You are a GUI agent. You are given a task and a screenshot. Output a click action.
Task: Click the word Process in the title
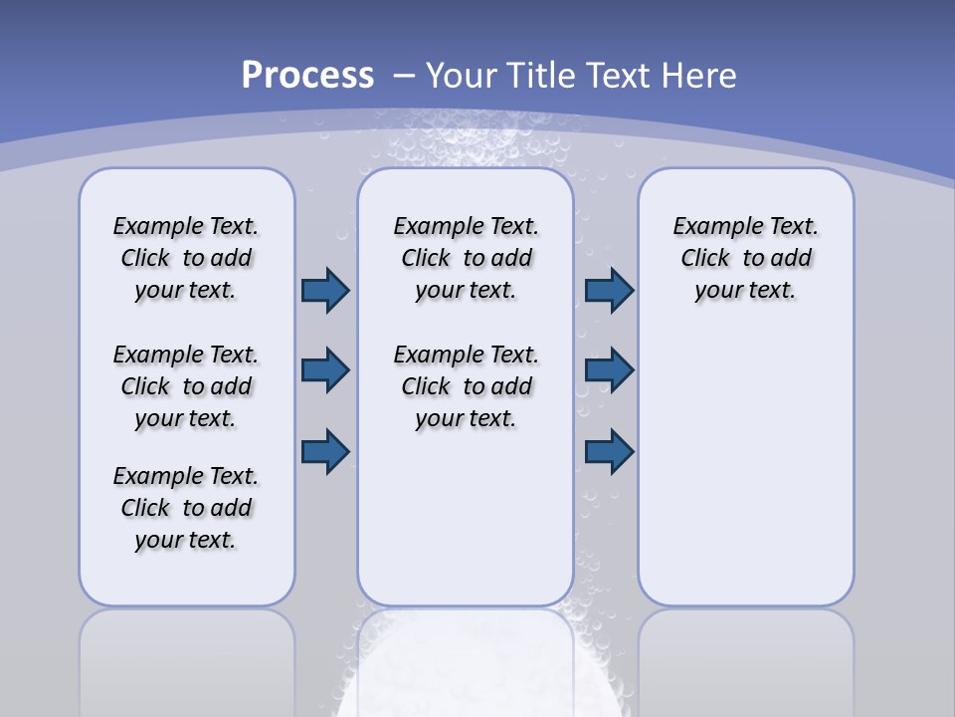click(307, 76)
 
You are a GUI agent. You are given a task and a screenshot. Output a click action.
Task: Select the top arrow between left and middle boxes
click(325, 290)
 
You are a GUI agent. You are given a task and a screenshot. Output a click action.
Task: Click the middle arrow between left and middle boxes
click(325, 370)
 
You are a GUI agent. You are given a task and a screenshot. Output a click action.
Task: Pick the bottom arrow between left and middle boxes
click(325, 451)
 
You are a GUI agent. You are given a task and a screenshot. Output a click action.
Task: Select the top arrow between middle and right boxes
click(609, 290)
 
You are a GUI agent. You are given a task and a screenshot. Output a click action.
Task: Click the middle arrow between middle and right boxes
click(609, 370)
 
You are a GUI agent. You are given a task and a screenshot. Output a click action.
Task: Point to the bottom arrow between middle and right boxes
click(609, 451)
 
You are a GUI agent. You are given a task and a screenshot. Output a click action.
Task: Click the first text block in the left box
click(186, 258)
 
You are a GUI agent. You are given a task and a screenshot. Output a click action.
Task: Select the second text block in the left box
click(186, 386)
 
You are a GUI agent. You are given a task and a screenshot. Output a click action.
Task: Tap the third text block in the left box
click(186, 508)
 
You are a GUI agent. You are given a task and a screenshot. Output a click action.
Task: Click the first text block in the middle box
click(466, 258)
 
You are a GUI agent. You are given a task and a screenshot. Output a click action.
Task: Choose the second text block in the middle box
click(466, 386)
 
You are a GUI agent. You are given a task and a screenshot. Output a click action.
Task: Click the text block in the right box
click(745, 258)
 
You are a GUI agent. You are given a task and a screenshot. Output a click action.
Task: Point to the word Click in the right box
click(705, 259)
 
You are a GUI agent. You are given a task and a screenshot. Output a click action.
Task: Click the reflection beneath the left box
click(187, 657)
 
